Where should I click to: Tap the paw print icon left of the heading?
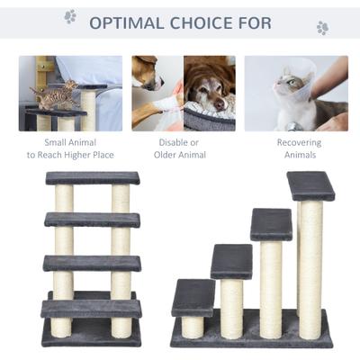[x=70, y=16]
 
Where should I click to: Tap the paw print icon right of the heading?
[x=322, y=28]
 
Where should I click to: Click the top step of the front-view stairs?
[x=93, y=178]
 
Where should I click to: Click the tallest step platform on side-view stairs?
[x=310, y=186]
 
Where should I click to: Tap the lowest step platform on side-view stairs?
[x=193, y=296]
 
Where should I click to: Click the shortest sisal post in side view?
[x=193, y=326]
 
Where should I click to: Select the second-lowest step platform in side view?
[x=231, y=261]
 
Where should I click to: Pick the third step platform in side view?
[x=271, y=224]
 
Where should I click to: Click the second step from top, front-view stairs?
[x=93, y=219]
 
